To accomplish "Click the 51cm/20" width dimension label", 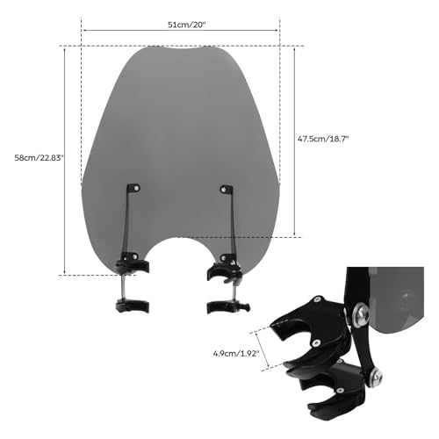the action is [187, 25].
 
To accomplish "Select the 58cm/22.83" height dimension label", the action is [39, 158].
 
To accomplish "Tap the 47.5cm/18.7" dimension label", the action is [323, 139].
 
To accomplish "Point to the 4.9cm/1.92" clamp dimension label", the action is [236, 354].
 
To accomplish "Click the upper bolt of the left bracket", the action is [136, 188].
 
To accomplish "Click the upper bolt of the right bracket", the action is [223, 190].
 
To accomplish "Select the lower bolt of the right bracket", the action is [224, 258].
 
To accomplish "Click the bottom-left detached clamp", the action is [133, 306].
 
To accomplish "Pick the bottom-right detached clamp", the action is [228, 306].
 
